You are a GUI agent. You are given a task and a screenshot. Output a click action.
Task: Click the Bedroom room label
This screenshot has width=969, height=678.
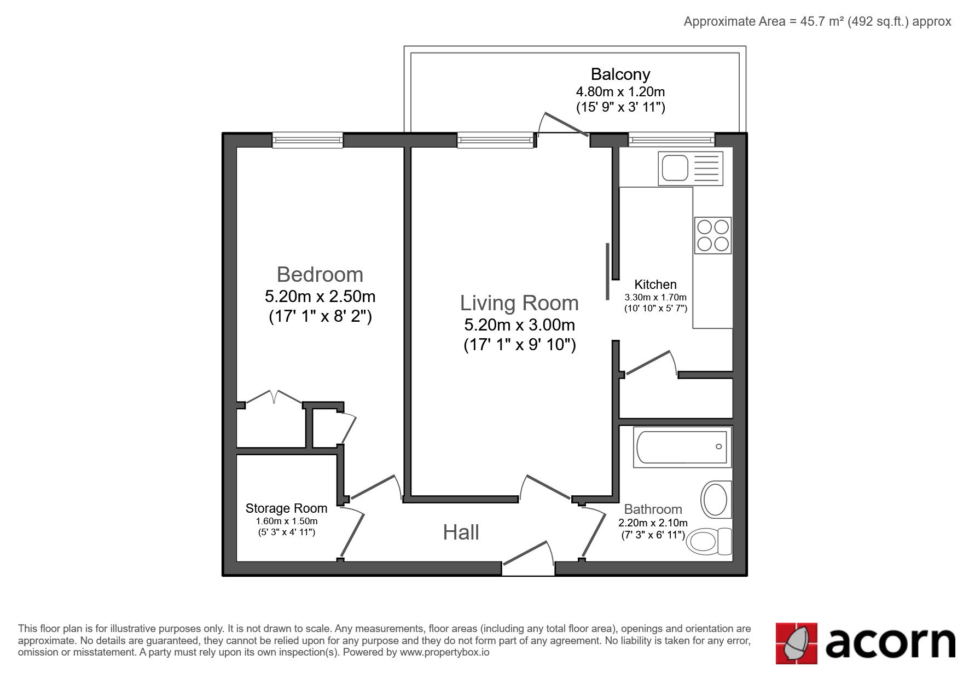tap(320, 274)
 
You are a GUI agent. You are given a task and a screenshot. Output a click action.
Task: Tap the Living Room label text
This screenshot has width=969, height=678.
tap(519, 303)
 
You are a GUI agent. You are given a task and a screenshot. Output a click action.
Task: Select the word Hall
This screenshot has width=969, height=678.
tap(461, 532)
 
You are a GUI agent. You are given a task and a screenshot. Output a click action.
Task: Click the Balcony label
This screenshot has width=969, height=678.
tap(620, 74)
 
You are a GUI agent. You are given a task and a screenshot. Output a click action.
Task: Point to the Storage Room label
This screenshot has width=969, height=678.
tap(286, 508)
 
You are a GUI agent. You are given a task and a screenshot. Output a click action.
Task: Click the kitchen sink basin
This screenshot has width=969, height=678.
tap(675, 167)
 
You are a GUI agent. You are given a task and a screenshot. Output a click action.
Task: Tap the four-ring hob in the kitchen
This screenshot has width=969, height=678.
tap(713, 235)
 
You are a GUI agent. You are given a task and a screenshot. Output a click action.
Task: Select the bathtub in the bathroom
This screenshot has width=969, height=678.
tap(682, 447)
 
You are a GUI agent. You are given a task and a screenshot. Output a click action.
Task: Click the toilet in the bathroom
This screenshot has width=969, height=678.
tap(709, 541)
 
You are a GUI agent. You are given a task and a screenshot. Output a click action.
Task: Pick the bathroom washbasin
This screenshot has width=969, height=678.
tap(716, 499)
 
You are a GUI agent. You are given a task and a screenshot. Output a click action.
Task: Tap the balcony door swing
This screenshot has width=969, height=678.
tap(563, 124)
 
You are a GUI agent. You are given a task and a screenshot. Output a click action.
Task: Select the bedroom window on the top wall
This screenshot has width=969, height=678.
tap(307, 140)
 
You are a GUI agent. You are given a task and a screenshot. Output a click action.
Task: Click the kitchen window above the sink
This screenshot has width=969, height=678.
tap(671, 140)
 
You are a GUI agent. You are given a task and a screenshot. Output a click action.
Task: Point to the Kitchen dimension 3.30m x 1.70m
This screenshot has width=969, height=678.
tap(655, 297)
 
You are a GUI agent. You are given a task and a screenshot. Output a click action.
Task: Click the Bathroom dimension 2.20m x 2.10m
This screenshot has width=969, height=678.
tap(653, 523)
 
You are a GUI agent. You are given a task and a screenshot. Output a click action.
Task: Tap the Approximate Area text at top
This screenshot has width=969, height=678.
tap(817, 21)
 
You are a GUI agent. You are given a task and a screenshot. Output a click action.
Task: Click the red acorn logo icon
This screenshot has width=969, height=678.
tap(796, 644)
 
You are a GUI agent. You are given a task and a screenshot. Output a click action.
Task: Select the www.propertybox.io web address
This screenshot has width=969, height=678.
tap(444, 652)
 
